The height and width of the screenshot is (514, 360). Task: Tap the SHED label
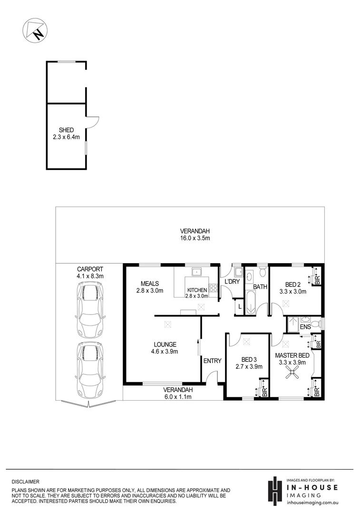[x=66, y=130]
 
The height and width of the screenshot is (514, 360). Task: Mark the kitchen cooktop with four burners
[x=214, y=288]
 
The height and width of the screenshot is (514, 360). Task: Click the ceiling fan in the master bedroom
[x=291, y=376]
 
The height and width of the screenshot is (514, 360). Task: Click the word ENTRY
[x=212, y=361]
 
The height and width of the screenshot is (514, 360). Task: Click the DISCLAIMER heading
[x=26, y=482]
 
